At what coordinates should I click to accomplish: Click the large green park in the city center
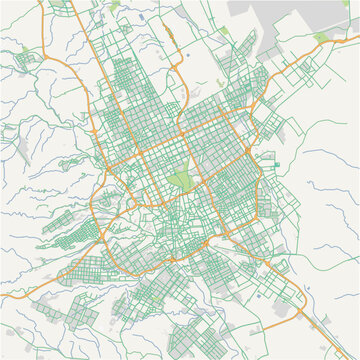(180, 181)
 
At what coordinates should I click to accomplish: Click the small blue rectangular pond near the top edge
(143, 17)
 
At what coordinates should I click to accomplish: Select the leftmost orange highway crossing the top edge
(42, 3)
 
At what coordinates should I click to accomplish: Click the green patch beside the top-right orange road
(321, 38)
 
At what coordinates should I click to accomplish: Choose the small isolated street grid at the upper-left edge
(27, 59)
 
